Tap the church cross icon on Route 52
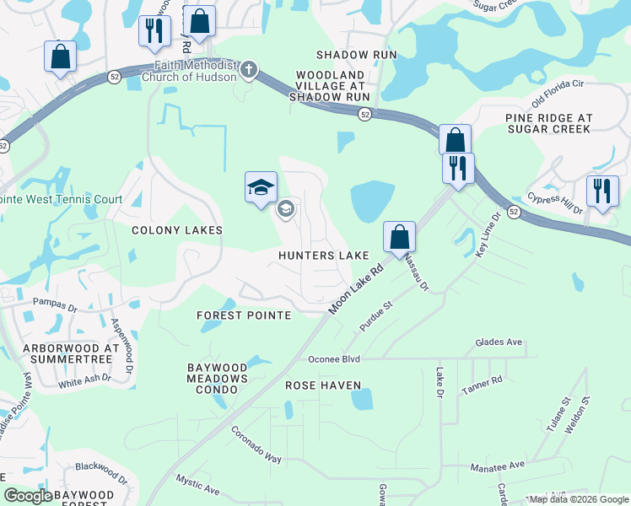coord(249,69)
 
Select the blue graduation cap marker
coord(261,188)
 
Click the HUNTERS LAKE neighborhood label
coord(325,256)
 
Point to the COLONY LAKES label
coord(177,230)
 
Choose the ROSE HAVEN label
coord(323,385)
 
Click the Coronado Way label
coord(256,444)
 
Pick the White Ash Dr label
coord(84,380)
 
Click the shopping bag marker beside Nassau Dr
coord(399,237)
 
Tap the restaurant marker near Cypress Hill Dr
coord(602,191)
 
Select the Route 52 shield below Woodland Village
coord(364,115)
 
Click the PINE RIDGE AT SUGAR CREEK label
coord(548,124)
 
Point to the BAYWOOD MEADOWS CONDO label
coord(218,374)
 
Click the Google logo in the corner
coord(29,496)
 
